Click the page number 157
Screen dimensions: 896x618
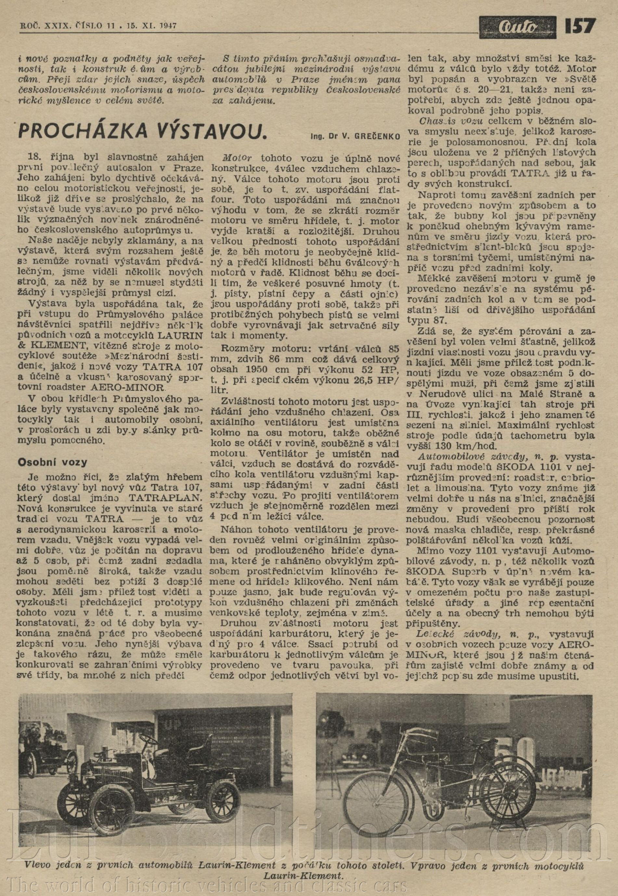580,26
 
